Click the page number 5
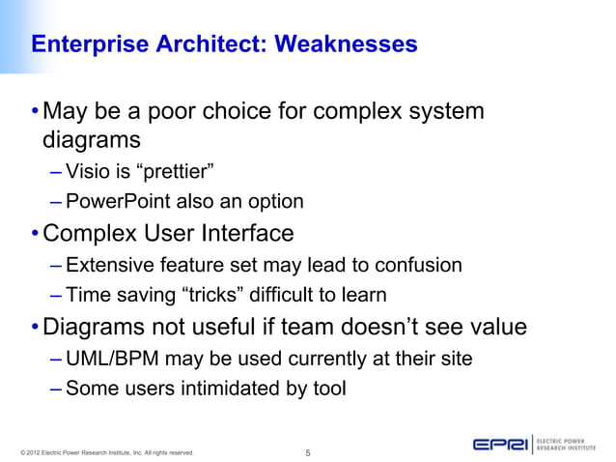pyautogui.click(x=307, y=449)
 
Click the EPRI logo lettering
pyautogui.click(x=500, y=444)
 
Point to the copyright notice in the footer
pyautogui.click(x=107, y=451)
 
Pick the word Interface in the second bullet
pyautogui.click(x=247, y=234)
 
